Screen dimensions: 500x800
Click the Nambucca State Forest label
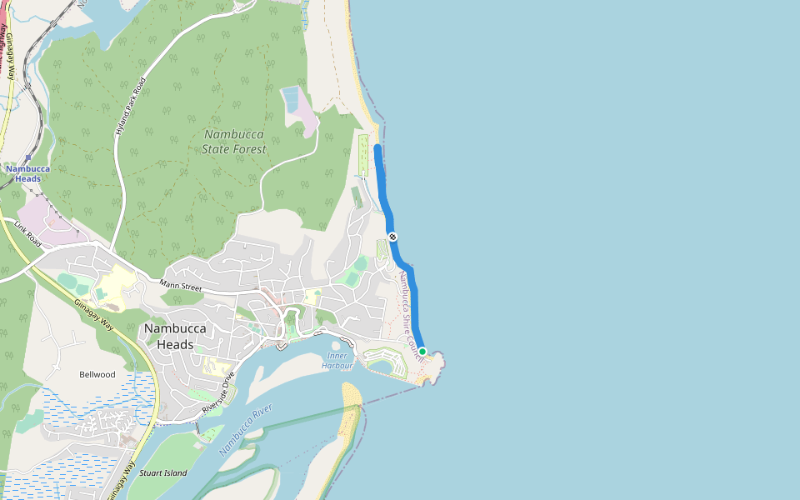pos(234,142)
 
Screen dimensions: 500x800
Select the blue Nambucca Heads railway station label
pos(28,173)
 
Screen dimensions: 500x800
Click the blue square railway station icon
pos(28,157)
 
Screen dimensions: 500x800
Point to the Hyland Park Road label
pos(131,107)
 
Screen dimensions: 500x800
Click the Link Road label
pos(27,232)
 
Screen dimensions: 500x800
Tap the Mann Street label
pos(181,286)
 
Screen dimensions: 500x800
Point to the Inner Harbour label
pos(337,360)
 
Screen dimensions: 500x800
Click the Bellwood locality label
pos(97,374)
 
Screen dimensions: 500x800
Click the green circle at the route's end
pos(422,352)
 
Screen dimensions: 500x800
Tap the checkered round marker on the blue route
pos(392,237)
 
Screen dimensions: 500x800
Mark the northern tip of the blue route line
pos(377,147)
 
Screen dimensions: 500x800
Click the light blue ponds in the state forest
pos(291,99)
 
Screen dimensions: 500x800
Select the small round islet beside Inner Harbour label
pos(336,346)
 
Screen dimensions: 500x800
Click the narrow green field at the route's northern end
pos(363,155)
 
